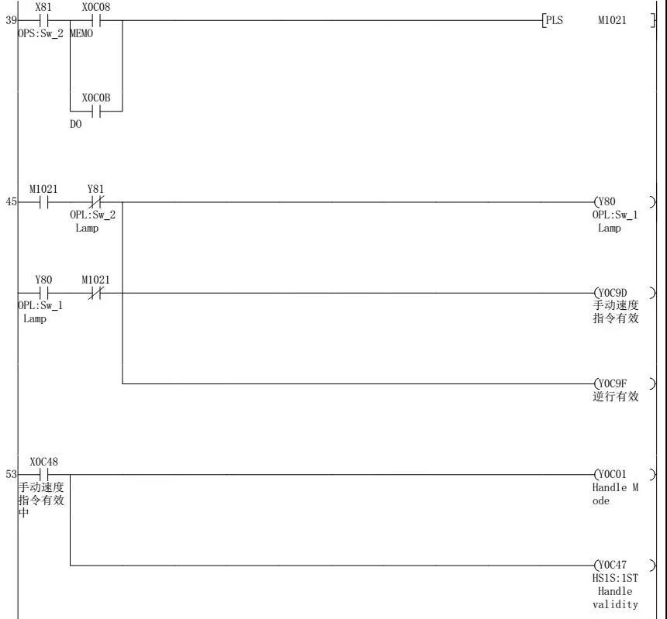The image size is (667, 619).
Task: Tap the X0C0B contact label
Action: (95, 98)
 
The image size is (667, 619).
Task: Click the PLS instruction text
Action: (554, 21)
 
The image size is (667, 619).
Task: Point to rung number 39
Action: (11, 20)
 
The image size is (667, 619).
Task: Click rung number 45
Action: (11, 201)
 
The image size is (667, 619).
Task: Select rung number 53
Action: (11, 474)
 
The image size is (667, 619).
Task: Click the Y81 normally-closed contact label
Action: (95, 188)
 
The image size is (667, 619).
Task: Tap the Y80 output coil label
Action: (607, 202)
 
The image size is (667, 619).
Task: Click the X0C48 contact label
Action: (43, 462)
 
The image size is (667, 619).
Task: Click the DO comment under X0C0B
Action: (76, 124)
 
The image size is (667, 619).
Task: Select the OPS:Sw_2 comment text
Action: (40, 35)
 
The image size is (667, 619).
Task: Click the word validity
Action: (615, 604)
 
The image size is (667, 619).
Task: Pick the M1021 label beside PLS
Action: (612, 21)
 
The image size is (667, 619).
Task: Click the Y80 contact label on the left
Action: (43, 279)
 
